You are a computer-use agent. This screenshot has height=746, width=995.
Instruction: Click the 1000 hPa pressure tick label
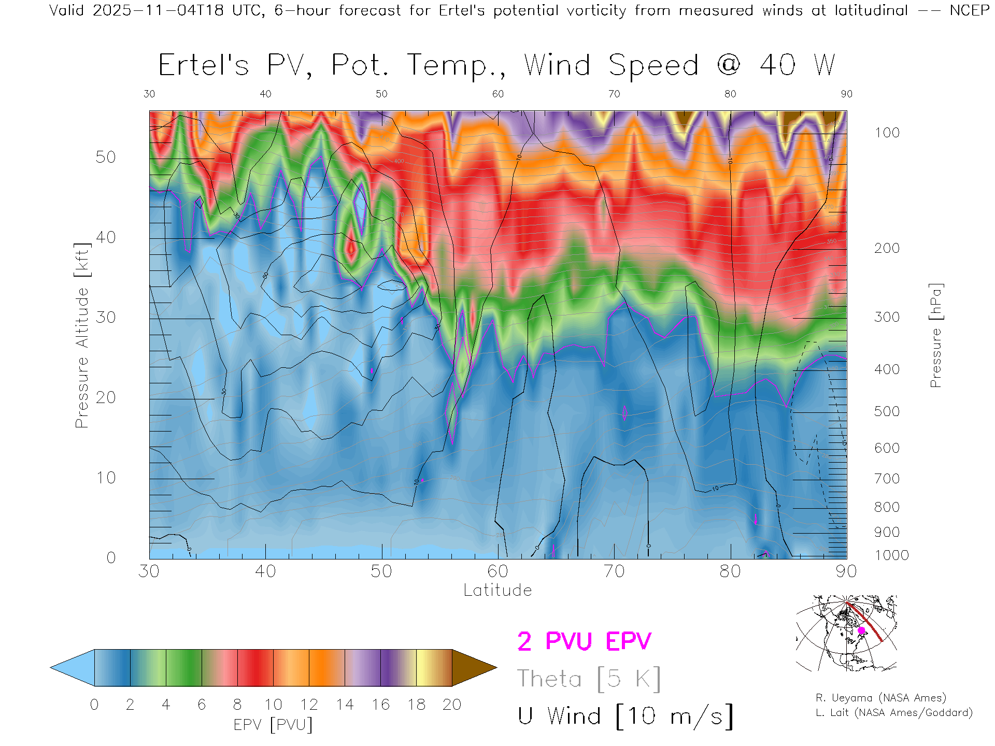tap(891, 555)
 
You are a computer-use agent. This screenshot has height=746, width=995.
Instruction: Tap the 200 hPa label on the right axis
tap(887, 248)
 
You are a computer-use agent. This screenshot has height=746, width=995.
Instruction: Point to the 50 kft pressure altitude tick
tap(106, 157)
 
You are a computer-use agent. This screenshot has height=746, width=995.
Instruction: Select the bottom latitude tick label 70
tap(614, 571)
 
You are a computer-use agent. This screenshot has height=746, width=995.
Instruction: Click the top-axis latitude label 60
tap(497, 94)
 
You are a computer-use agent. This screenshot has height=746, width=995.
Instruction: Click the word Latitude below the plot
tap(497, 590)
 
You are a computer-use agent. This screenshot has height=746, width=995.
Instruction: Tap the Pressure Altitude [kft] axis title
tap(82, 335)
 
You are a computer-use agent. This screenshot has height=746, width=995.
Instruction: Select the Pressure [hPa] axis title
tap(935, 335)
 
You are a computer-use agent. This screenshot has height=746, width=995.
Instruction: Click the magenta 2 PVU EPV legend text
tap(584, 641)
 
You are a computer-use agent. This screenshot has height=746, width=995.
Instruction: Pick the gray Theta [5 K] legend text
tap(589, 679)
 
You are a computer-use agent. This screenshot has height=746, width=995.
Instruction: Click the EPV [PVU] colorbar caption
tap(273, 724)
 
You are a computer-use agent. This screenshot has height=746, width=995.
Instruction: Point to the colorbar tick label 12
tap(309, 705)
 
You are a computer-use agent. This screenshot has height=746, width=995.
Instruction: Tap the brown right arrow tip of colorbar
tap(474, 668)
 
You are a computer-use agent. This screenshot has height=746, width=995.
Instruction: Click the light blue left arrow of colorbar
tap(73, 668)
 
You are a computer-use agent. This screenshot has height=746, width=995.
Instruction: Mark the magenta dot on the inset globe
tap(861, 630)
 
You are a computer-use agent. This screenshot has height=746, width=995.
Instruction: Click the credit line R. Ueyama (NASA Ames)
tap(881, 698)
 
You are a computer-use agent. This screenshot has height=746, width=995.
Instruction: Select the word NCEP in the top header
tap(969, 10)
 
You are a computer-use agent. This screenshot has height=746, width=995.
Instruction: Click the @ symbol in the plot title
tap(729, 65)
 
